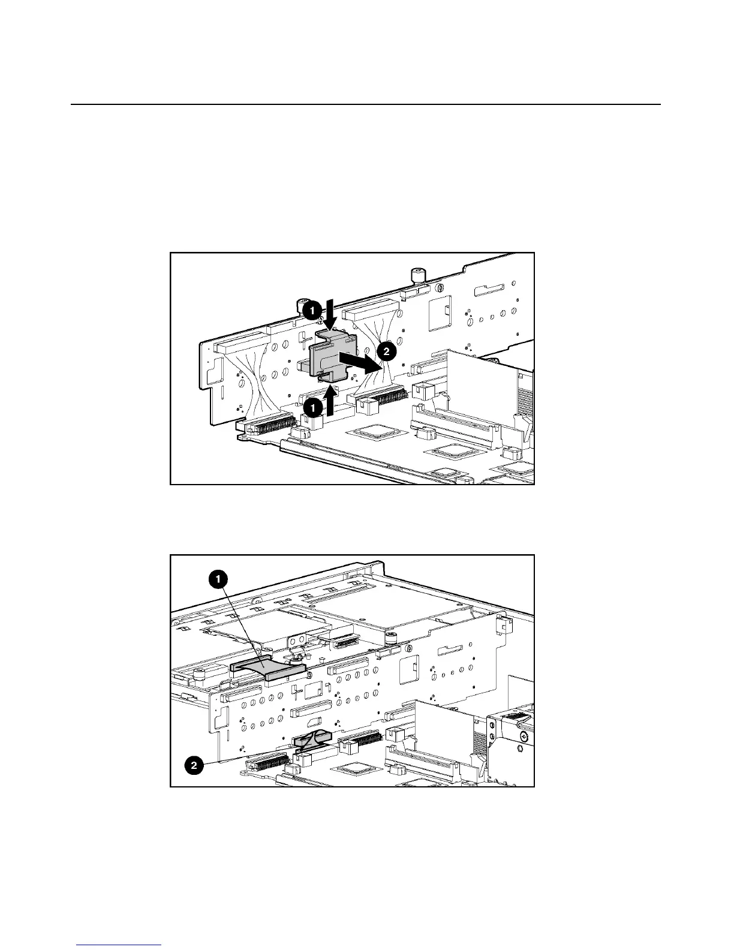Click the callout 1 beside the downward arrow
(312, 311)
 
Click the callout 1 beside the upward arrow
(312, 407)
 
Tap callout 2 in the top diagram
(387, 350)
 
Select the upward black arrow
(329, 400)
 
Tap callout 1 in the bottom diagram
(217, 579)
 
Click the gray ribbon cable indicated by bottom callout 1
(268, 665)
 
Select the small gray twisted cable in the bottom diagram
(312, 739)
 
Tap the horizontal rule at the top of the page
(366, 105)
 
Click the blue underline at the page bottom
(119, 946)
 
